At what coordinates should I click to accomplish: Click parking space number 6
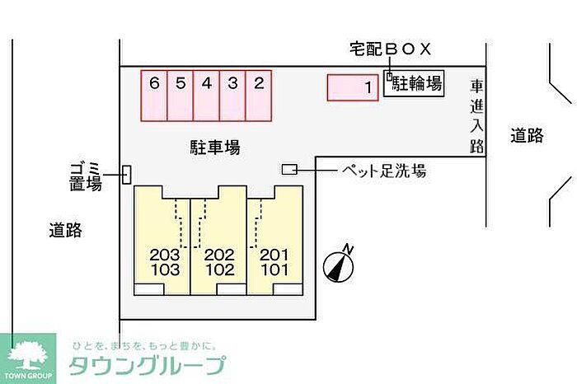154,96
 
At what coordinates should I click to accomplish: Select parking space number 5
181,96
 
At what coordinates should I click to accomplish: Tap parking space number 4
206,96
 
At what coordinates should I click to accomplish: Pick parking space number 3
232,96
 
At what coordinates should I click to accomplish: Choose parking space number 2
259,96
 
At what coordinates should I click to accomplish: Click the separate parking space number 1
353,87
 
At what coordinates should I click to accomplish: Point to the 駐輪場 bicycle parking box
414,83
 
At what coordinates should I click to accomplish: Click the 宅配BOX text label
390,49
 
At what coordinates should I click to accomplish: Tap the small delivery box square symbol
389,76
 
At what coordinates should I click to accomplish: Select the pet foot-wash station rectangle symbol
289,169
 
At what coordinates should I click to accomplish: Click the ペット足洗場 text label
384,171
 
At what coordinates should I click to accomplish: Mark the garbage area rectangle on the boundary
127,175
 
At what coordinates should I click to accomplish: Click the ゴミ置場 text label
86,176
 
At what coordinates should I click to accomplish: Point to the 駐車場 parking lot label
215,148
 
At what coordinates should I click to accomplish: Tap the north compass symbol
339,265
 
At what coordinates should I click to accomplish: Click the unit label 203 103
165,262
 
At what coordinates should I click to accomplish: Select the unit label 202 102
220,262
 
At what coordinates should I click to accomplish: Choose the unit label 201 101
274,262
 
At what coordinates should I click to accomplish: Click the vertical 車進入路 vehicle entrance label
476,116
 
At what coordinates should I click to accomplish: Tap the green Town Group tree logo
28,358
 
